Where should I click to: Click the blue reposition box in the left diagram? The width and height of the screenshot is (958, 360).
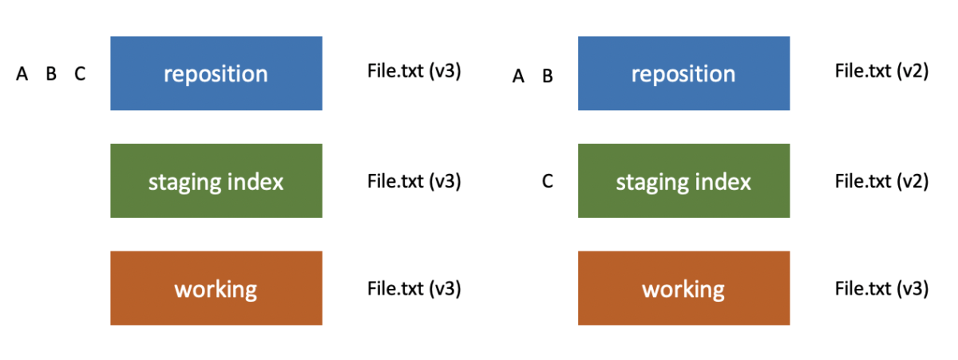[x=216, y=73]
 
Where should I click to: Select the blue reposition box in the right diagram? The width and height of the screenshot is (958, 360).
[x=683, y=73]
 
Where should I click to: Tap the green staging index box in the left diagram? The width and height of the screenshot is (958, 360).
[x=216, y=181]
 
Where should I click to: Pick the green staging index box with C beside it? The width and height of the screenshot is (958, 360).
[x=683, y=181]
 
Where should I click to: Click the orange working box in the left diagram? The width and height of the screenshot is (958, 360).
[x=216, y=288]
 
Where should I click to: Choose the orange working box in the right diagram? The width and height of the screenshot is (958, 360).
[x=683, y=288]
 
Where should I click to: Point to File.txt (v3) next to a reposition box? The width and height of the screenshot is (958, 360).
[x=414, y=70]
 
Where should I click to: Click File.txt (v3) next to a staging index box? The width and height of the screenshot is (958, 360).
[x=414, y=181]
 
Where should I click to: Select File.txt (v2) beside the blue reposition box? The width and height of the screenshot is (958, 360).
[x=881, y=70]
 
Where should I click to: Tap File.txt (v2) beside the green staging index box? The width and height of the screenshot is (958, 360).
[x=881, y=181]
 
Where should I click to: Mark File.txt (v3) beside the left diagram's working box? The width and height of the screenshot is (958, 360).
[x=414, y=288]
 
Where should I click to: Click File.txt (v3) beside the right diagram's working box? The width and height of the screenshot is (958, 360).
[x=881, y=288]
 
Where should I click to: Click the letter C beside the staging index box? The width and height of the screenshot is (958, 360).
[x=547, y=182]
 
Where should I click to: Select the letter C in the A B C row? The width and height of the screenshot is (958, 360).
[x=80, y=74]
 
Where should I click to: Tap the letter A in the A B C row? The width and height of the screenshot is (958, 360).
[x=22, y=74]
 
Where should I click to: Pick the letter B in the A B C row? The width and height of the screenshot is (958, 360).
[x=51, y=74]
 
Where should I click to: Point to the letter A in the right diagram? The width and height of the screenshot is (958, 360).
[x=519, y=77]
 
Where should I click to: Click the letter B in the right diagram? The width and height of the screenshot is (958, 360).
[x=548, y=77]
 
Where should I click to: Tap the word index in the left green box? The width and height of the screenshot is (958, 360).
[x=258, y=181]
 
